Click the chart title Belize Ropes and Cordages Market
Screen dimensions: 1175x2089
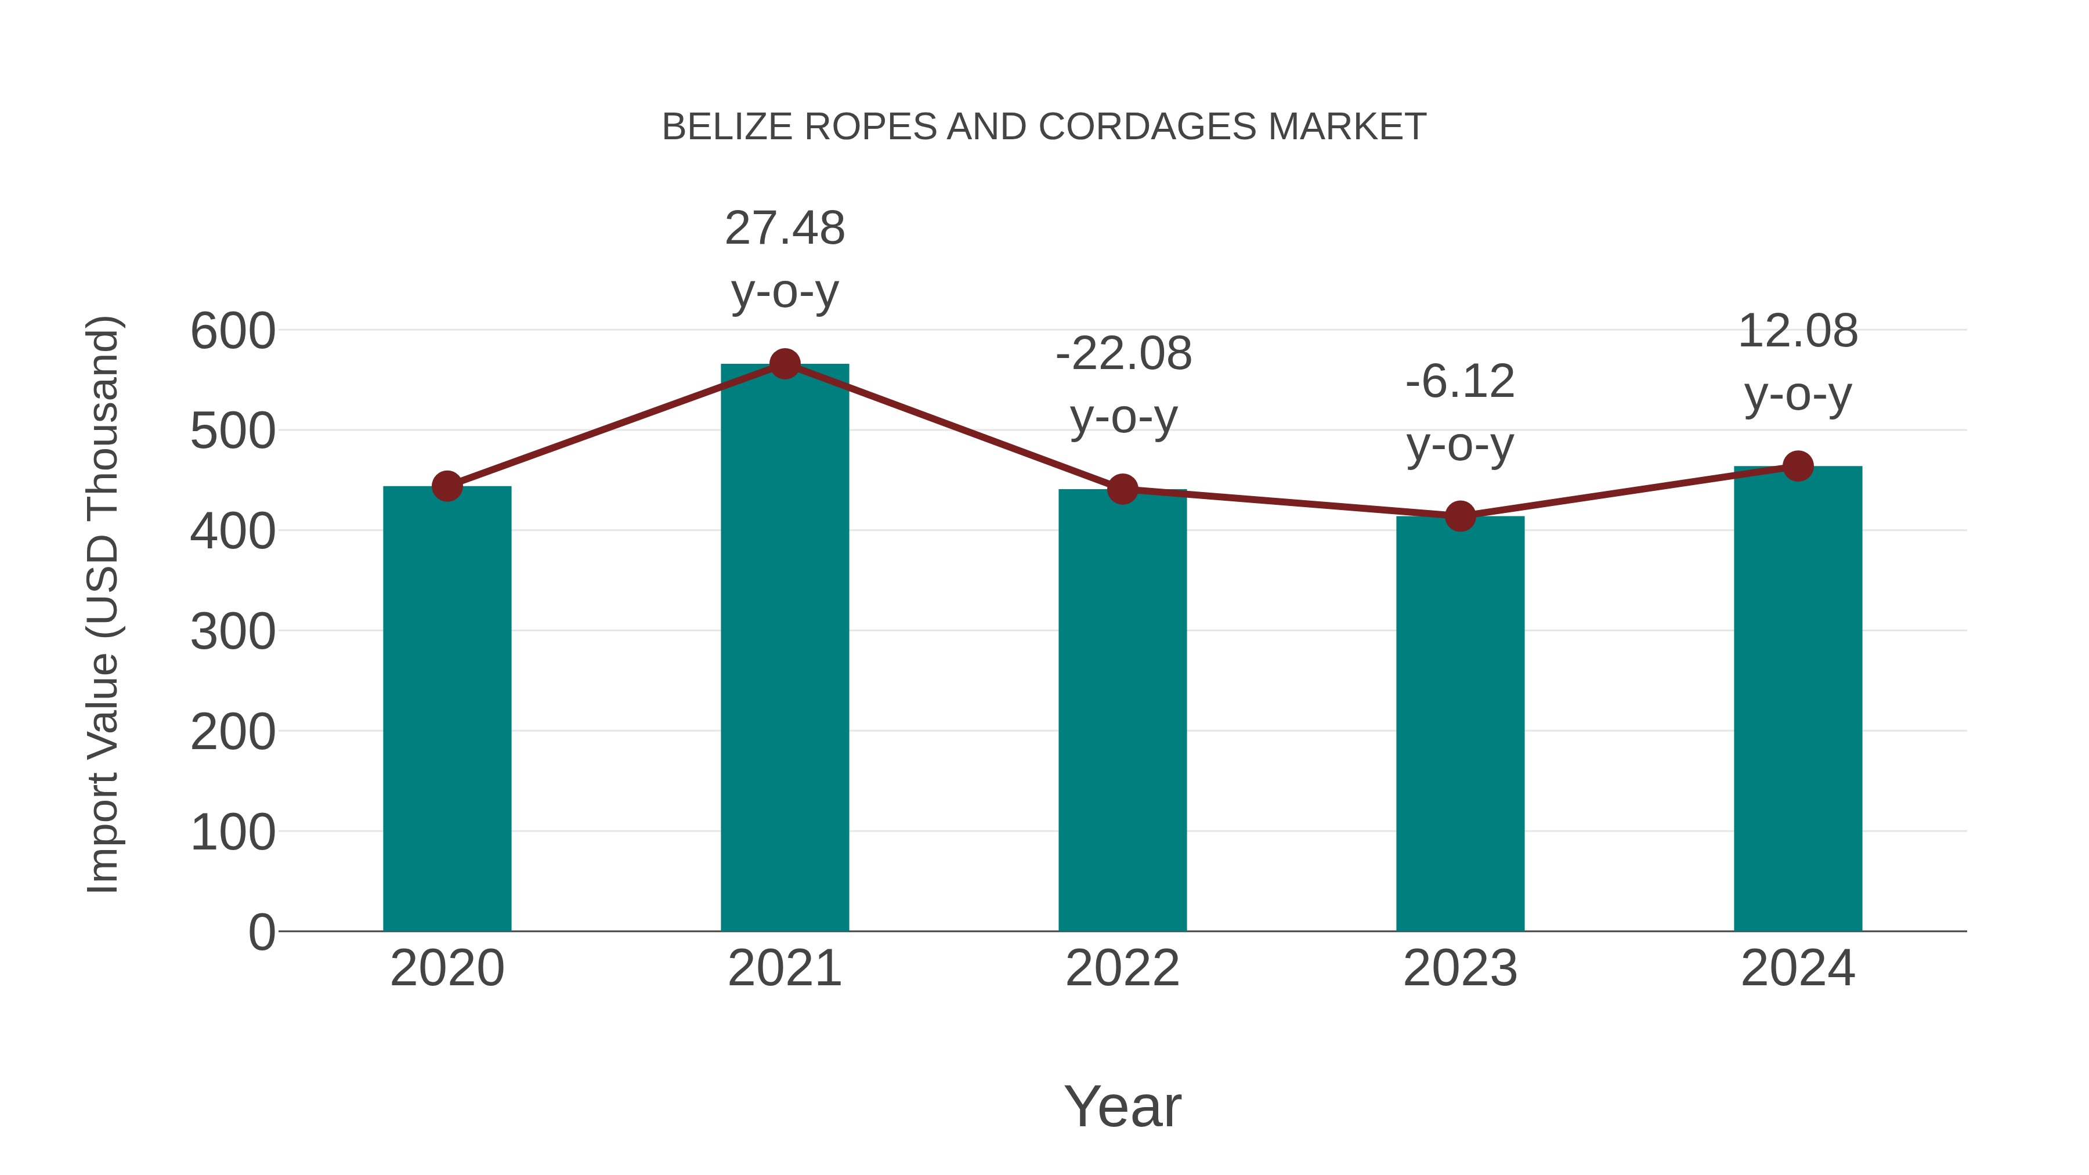[x=1044, y=127]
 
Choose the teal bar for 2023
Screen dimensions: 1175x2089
[x=1460, y=724]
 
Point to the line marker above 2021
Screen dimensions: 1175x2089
[x=784, y=364]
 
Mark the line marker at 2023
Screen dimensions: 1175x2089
[x=1460, y=516]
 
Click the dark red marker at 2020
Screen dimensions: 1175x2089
[x=447, y=487]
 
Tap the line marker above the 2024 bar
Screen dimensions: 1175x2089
[x=1798, y=467]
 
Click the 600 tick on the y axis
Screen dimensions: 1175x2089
[x=233, y=332]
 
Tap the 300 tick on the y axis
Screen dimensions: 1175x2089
[x=233, y=632]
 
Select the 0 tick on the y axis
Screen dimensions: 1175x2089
[x=261, y=932]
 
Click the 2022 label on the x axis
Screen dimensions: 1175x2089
[x=1122, y=968]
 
